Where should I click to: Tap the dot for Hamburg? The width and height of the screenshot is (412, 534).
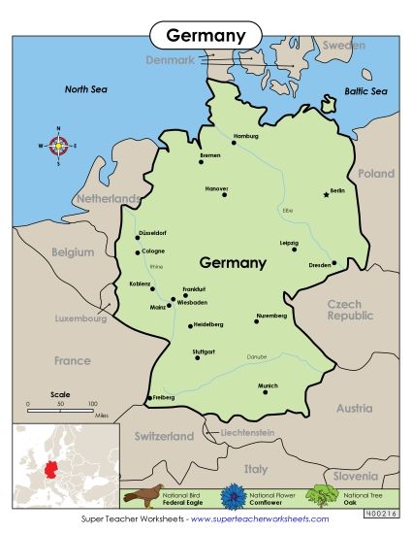(x=234, y=144)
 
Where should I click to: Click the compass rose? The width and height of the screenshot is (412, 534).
(x=58, y=146)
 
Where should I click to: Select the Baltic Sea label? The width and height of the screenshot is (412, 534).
(x=365, y=91)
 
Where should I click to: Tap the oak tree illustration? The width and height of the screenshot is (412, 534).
(x=321, y=494)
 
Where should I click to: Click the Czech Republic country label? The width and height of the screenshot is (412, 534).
(x=350, y=311)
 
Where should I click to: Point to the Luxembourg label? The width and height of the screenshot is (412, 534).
(x=79, y=318)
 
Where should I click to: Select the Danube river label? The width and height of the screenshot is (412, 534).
(x=256, y=356)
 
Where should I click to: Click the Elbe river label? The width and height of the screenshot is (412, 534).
(x=287, y=210)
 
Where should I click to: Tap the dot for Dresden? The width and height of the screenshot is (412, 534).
(x=333, y=262)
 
